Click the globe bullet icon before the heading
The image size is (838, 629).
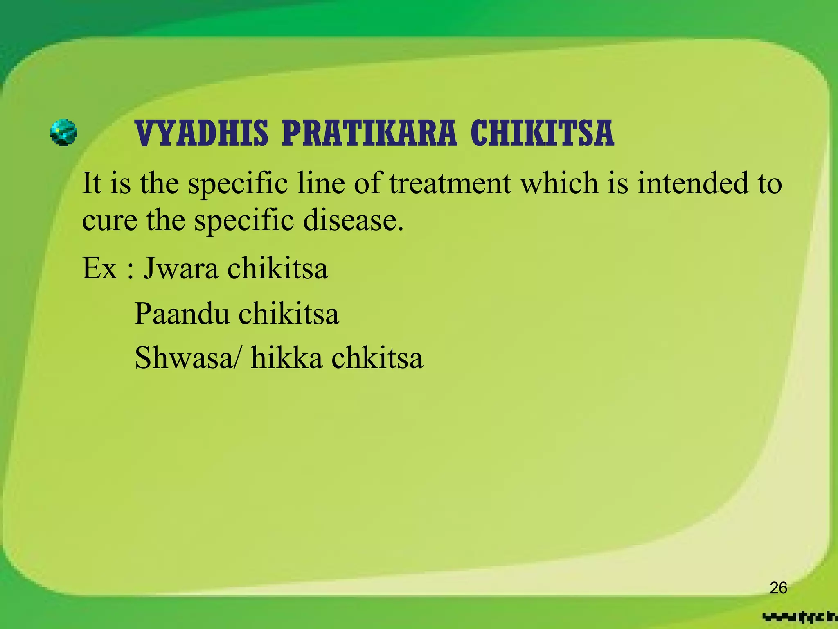pos(63,133)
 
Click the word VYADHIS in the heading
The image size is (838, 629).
pos(202,133)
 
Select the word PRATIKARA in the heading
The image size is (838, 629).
pos(369,133)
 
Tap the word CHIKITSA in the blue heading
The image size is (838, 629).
pos(542,133)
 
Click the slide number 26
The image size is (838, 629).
pos(778,588)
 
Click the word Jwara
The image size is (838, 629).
pos(180,269)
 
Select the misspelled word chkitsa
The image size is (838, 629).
pos(377,358)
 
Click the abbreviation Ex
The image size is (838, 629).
pos(99,269)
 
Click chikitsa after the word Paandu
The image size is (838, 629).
pos(288,314)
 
